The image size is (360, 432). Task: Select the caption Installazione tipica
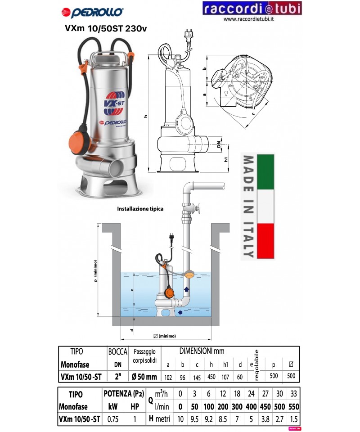(140, 209)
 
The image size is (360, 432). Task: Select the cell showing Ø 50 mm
(145, 376)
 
